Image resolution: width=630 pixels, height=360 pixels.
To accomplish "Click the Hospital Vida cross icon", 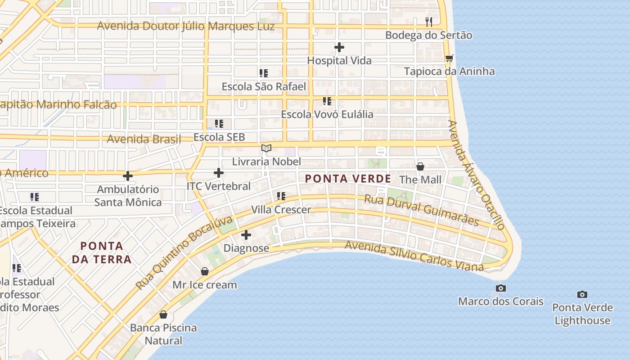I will [x=339, y=47].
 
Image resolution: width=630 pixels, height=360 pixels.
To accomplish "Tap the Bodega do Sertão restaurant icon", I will [x=429, y=22].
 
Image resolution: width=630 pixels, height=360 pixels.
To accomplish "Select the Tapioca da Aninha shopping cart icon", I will [x=449, y=58].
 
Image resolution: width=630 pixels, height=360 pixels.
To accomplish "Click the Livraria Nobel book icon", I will [x=266, y=148].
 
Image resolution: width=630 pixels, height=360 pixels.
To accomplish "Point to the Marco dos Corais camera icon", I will [x=500, y=288].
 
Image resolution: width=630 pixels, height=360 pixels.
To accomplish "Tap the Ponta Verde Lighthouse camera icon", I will [x=582, y=294].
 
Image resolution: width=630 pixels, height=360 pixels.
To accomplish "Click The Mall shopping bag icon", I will [x=420, y=166].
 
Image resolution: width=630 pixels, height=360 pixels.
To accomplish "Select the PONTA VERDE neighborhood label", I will [x=348, y=179].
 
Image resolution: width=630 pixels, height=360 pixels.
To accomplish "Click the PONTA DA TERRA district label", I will [x=102, y=252].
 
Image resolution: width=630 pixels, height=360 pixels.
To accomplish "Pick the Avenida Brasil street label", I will [x=144, y=139].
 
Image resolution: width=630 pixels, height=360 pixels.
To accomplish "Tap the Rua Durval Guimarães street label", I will [x=421, y=210].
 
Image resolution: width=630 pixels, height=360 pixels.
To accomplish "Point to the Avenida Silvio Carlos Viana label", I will [x=414, y=256].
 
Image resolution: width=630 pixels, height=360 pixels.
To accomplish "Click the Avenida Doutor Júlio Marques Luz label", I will [x=185, y=26].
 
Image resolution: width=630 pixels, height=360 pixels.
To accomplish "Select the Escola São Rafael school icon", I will [x=264, y=73].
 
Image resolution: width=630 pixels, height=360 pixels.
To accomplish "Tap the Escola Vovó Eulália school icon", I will [x=327, y=101].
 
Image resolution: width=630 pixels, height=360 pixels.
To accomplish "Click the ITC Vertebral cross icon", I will [x=219, y=172].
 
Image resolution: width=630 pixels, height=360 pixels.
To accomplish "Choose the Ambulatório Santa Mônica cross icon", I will [x=128, y=175].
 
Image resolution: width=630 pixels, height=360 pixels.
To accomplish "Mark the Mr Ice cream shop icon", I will [x=205, y=271].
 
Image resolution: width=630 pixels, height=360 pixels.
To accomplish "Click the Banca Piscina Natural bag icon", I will [x=163, y=315].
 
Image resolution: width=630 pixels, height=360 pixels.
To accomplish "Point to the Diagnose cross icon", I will [x=246, y=234].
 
